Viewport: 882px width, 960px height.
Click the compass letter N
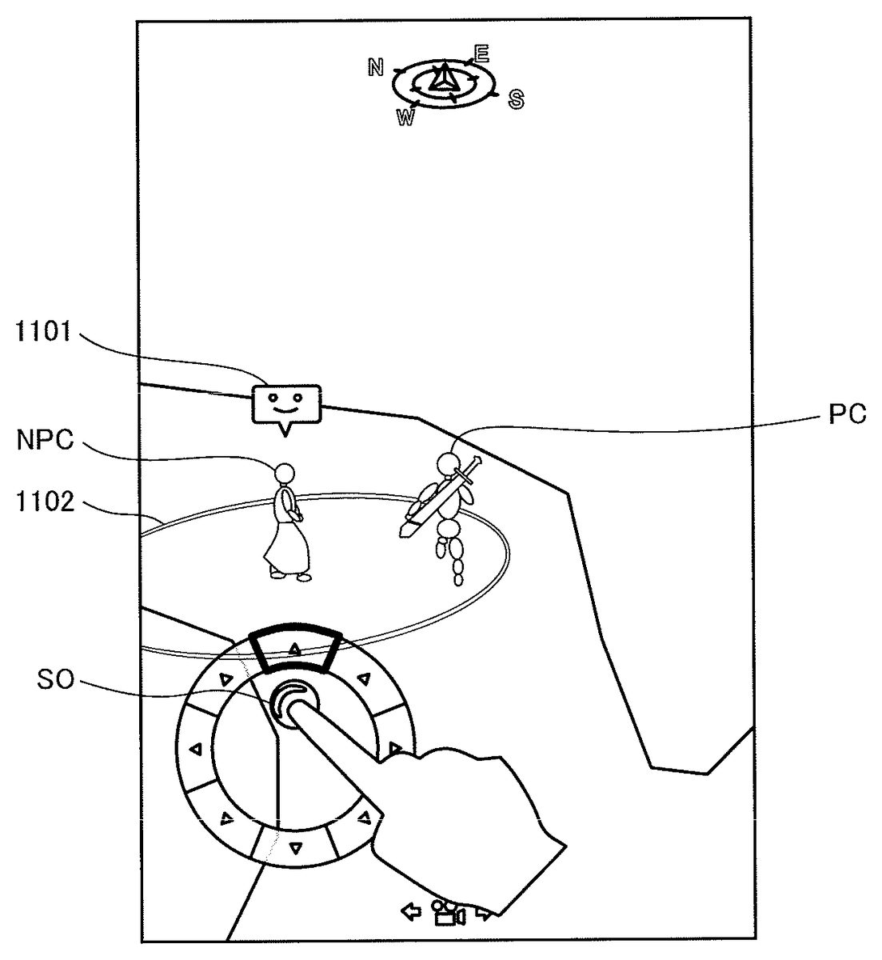pyautogui.click(x=376, y=67)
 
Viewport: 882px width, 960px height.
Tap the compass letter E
pyautogui.click(x=481, y=54)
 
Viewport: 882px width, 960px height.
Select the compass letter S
pyautogui.click(x=516, y=99)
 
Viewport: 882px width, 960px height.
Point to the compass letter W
pyautogui.click(x=406, y=116)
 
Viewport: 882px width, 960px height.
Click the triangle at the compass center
pyautogui.click(x=444, y=78)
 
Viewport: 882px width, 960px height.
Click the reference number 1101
pyautogui.click(x=43, y=331)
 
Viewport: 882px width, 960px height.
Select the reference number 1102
pyautogui.click(x=45, y=502)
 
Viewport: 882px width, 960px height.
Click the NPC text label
pyautogui.click(x=45, y=440)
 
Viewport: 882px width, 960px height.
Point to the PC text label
pyautogui.click(x=848, y=414)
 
